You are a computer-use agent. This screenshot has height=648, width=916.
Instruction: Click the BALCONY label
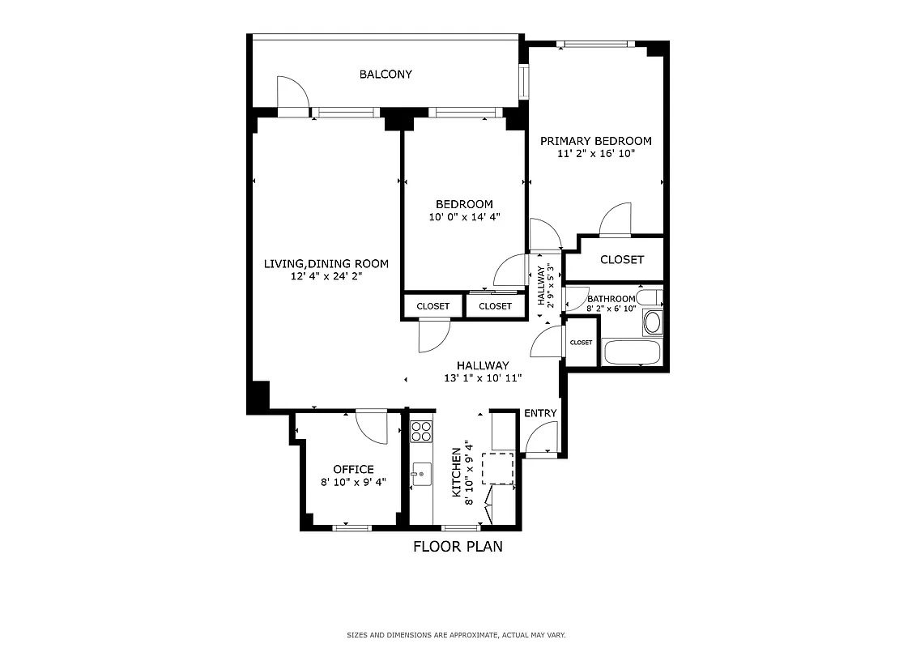click(386, 75)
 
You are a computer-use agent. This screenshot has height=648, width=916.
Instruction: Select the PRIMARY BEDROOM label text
click(595, 141)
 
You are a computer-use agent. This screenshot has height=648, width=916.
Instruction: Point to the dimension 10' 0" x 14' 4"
click(465, 217)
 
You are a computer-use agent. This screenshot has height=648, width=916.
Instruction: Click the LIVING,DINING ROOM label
click(326, 263)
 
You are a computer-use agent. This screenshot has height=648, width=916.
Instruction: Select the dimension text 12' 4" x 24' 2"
click(326, 276)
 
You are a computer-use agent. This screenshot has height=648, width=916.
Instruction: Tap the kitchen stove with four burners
click(420, 431)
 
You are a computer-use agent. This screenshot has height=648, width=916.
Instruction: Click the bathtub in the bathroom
click(633, 352)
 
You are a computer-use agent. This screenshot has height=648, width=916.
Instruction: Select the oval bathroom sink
click(652, 322)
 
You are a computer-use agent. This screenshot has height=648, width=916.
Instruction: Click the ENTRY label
click(540, 413)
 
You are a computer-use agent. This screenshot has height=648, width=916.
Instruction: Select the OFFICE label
click(353, 469)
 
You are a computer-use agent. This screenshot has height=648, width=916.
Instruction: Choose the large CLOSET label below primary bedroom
click(622, 260)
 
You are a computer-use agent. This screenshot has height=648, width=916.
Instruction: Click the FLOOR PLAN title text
click(458, 547)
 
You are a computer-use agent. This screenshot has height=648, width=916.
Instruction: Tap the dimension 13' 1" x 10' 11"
click(482, 378)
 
